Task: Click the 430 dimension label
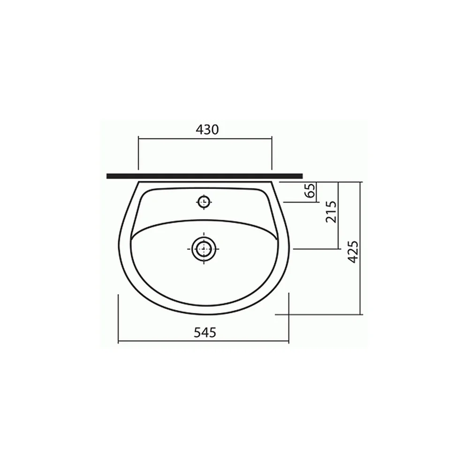[207, 129]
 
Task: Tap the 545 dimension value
[205, 333]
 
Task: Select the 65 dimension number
[311, 190]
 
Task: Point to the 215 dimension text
[331, 212]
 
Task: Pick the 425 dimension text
[353, 252]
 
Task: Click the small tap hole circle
[204, 202]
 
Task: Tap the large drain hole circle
[204, 249]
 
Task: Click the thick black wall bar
[204, 176]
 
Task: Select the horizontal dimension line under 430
[205, 138]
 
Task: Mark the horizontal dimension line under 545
[204, 341]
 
